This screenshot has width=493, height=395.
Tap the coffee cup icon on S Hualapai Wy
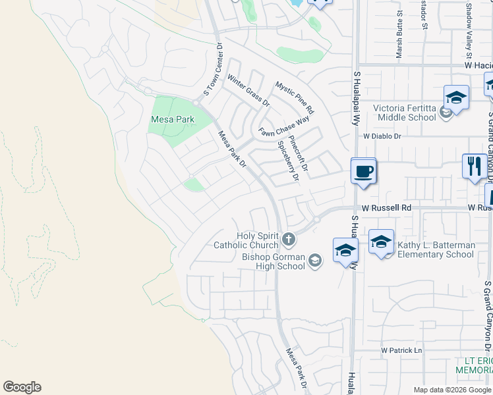(x=363, y=172)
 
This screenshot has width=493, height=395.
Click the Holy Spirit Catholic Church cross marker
(x=288, y=238)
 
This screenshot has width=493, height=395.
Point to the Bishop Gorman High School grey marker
(x=315, y=261)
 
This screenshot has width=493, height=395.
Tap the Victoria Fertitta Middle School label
(x=405, y=113)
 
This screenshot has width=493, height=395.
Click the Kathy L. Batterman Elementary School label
(x=435, y=250)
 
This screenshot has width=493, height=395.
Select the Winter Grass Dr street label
(x=248, y=91)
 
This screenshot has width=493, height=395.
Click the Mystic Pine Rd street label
(x=295, y=97)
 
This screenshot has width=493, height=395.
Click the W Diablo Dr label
(x=382, y=136)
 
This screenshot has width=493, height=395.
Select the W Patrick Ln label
(x=401, y=350)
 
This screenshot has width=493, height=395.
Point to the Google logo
(x=22, y=387)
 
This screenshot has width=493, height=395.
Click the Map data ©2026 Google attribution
(x=451, y=390)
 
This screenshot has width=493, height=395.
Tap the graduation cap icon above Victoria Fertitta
(x=456, y=99)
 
